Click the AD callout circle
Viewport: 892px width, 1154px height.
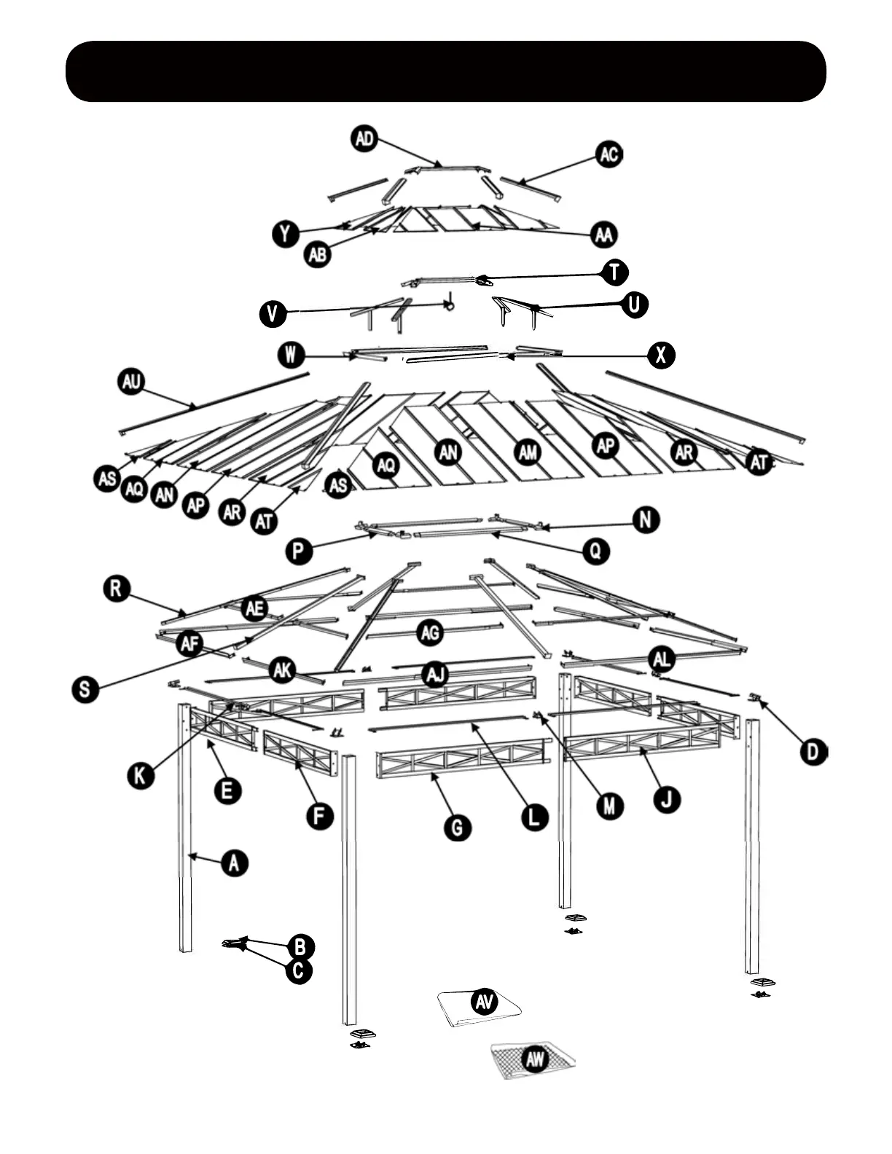click(x=364, y=138)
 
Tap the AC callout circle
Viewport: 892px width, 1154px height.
click(x=609, y=154)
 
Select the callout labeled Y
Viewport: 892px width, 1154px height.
click(x=285, y=234)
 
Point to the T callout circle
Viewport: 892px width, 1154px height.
click(x=615, y=272)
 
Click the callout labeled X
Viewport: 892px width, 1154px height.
click(x=661, y=356)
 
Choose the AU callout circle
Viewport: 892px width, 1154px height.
click(x=132, y=382)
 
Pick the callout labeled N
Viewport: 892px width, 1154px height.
click(x=646, y=520)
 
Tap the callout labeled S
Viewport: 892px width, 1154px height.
click(x=86, y=688)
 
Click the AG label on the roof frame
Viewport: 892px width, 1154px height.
click(x=431, y=632)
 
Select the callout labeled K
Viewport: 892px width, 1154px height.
click(x=141, y=775)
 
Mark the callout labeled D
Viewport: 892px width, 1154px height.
click(x=813, y=751)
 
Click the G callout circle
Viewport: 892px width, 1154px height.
click(x=458, y=828)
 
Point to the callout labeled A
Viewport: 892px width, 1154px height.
click(x=234, y=863)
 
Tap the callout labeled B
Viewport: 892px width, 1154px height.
click(x=300, y=947)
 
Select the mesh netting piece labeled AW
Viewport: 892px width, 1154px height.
click(x=533, y=1060)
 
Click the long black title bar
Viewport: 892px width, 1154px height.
click(x=446, y=71)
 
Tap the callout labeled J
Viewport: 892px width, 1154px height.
click(x=666, y=799)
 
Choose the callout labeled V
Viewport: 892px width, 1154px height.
click(x=273, y=314)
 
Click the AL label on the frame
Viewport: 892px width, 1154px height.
click(x=662, y=660)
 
